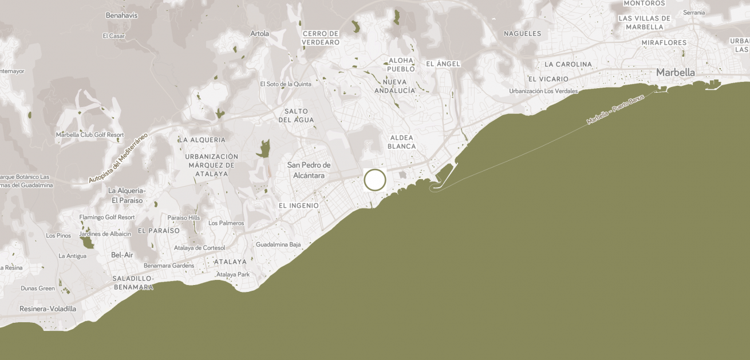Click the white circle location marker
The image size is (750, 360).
pyautogui.click(x=375, y=180)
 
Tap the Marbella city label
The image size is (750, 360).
pyautogui.click(x=675, y=73)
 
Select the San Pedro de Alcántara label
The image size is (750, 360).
pyautogui.click(x=309, y=170)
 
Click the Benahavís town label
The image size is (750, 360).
pyautogui.click(x=121, y=15)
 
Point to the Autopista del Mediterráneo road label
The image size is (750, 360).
pyautogui.click(x=118, y=158)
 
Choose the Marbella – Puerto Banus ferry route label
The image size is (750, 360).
pyautogui.click(x=615, y=109)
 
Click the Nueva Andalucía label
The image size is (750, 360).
pyautogui.click(x=394, y=86)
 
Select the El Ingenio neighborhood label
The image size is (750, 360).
pyautogui.click(x=298, y=205)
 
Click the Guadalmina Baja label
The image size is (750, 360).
pyautogui.click(x=278, y=244)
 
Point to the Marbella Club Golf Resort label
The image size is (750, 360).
pyautogui.click(x=90, y=135)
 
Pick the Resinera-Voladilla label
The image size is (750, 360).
pyautogui.click(x=48, y=309)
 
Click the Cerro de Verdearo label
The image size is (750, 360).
pyautogui.click(x=321, y=38)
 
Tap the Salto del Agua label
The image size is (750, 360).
pyautogui.click(x=296, y=116)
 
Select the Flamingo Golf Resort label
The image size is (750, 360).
pyautogui.click(x=107, y=217)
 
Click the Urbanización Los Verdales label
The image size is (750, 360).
pyautogui.click(x=543, y=91)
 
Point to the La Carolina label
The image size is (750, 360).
pyautogui.click(x=568, y=64)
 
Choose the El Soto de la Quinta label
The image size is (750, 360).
pyautogui.click(x=286, y=84)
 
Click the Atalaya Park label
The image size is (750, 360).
pyautogui.click(x=233, y=275)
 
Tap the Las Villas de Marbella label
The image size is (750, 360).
pyautogui.click(x=644, y=22)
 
